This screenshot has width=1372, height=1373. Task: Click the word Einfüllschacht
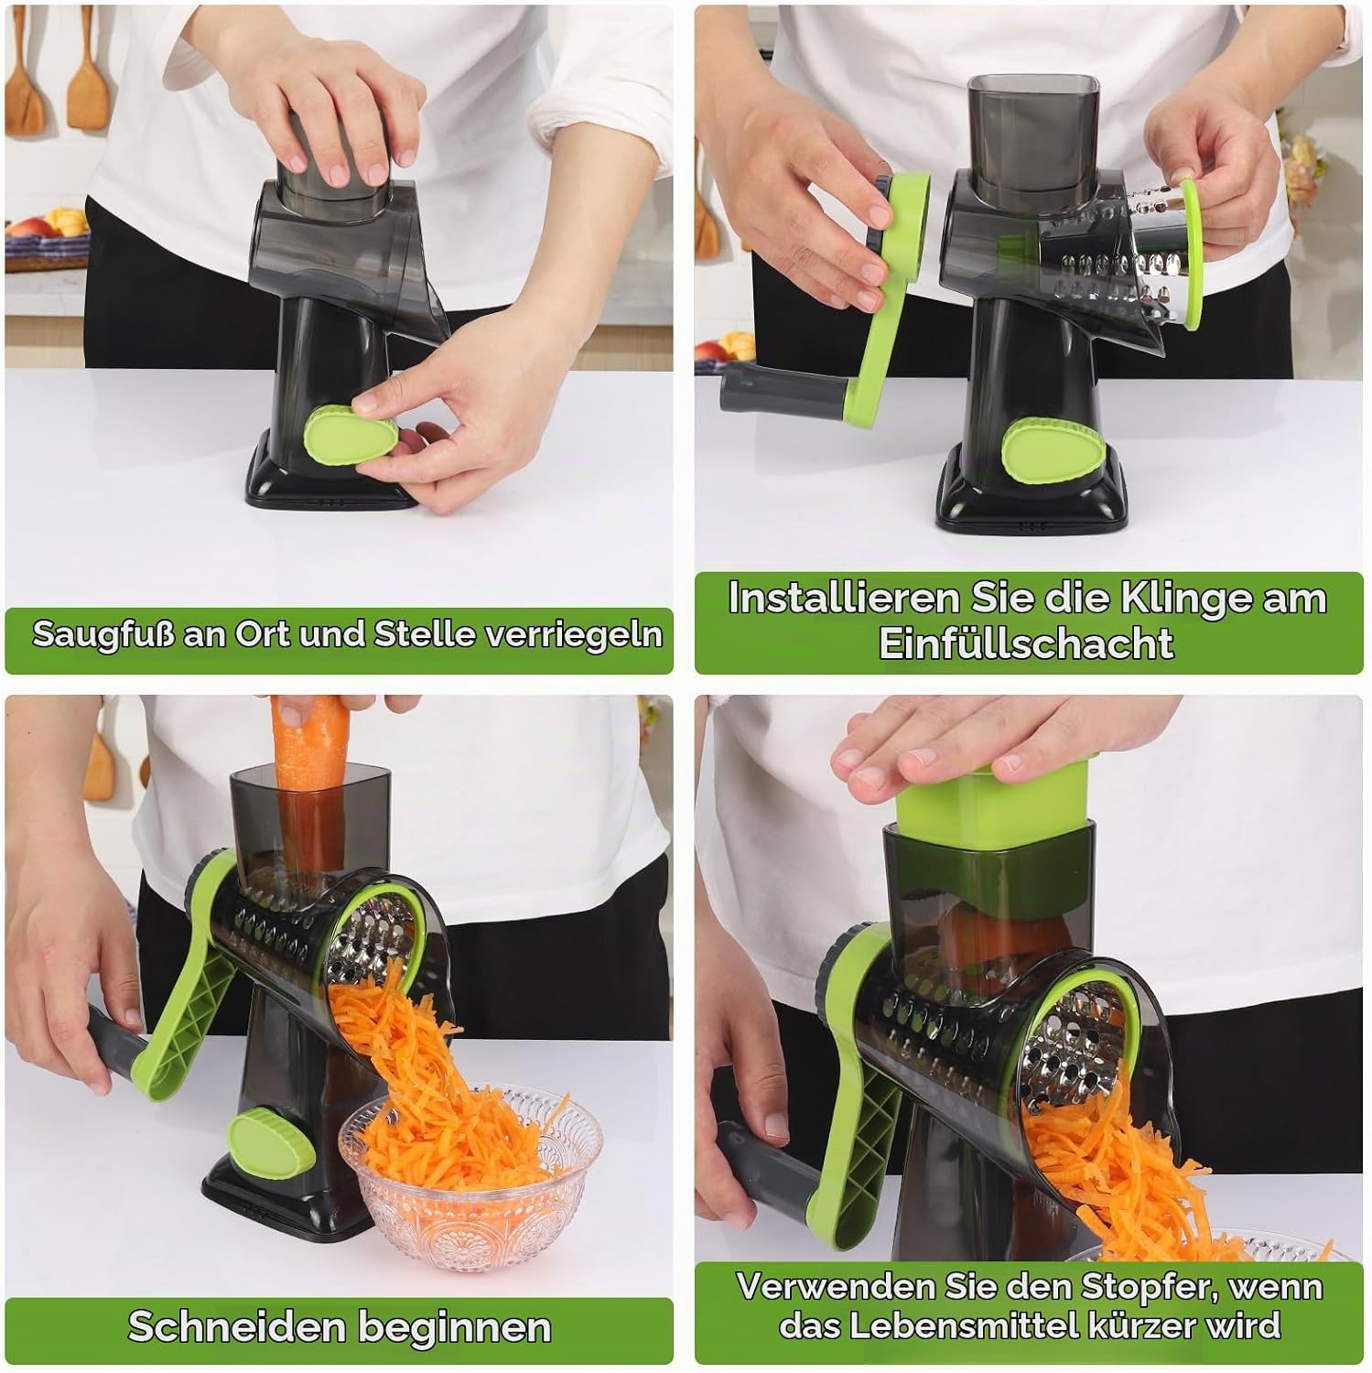[x=1026, y=643]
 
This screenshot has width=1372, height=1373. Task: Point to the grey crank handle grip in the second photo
[x=783, y=388]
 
